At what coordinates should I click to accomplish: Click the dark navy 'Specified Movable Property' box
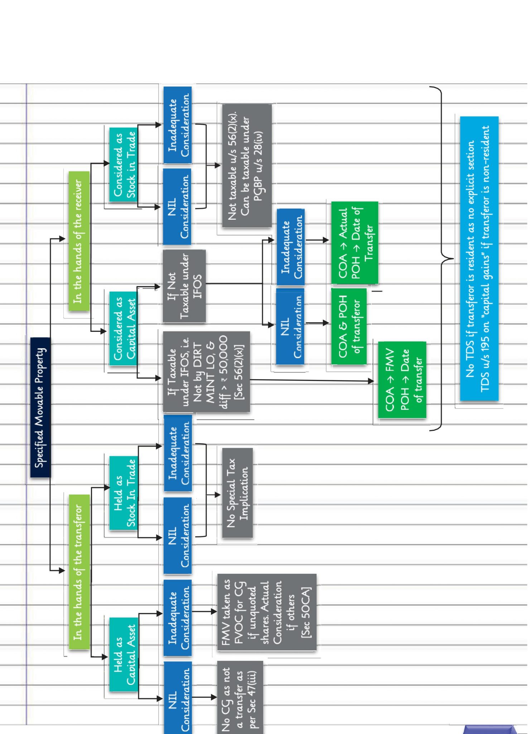point(40,407)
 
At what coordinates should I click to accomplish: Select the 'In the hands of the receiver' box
point(79,241)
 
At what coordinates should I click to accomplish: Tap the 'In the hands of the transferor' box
point(79,571)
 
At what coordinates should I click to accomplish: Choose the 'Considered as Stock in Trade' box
point(124,165)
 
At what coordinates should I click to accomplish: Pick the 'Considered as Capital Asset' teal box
point(124,328)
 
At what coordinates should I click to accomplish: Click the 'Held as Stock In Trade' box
point(124,493)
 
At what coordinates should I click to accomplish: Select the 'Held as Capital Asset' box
point(124,654)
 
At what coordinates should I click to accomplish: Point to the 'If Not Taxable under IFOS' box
point(184,286)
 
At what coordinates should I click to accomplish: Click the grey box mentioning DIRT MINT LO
point(206,372)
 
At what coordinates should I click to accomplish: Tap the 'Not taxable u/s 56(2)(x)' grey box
point(247,166)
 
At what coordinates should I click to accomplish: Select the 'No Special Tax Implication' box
point(237,493)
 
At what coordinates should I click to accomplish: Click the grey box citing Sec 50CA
point(266,612)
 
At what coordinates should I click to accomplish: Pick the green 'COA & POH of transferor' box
point(349,326)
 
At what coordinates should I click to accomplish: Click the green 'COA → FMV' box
point(402,380)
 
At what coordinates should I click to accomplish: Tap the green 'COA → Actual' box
point(354,243)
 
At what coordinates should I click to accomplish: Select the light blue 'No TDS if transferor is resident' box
point(479,258)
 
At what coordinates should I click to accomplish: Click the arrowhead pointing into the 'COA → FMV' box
point(371,381)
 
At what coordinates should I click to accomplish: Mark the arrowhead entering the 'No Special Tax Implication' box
point(218,495)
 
